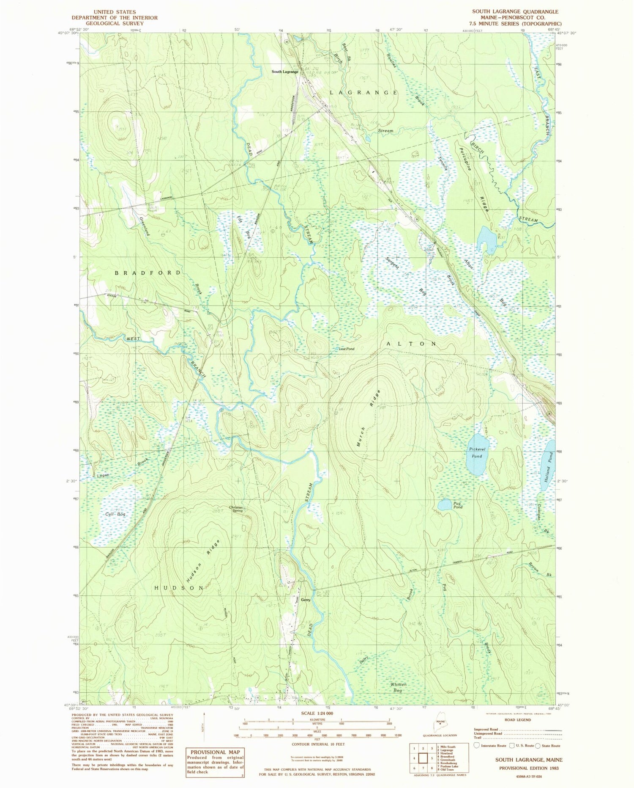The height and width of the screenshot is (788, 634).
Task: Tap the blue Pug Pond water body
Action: pos(445,504)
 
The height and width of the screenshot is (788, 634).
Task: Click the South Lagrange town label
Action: pos(284,72)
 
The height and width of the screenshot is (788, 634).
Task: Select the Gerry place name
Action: pos(305,600)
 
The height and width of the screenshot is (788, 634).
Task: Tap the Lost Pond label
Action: pos(346,349)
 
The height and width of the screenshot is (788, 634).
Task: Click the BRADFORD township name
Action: pos(148,273)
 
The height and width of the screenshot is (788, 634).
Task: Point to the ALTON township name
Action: pos(412,344)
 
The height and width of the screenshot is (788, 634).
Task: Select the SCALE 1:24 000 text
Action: pos(317,713)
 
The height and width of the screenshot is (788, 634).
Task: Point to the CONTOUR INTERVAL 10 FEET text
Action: pos(318,744)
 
